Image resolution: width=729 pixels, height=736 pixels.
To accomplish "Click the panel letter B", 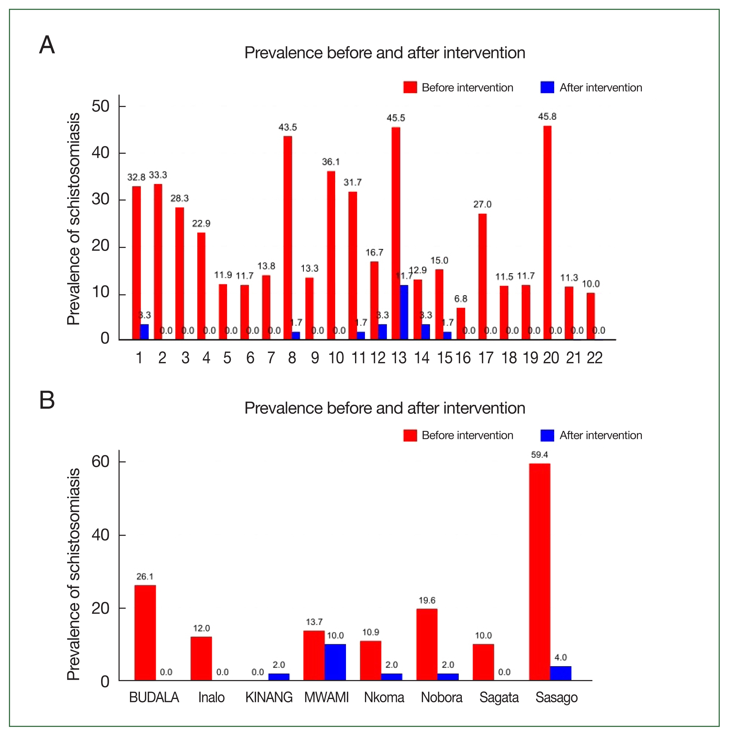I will (47, 400).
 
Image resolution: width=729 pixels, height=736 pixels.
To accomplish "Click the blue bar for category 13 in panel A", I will (404, 312).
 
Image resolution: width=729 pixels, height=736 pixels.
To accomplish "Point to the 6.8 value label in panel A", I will (461, 299).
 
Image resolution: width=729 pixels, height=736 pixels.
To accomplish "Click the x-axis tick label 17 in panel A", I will (486, 358).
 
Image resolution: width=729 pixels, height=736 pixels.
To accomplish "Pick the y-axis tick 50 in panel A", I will (100, 106).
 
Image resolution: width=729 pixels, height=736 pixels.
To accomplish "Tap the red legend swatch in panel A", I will (410, 87).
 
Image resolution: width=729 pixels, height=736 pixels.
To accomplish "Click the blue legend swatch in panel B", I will (547, 435).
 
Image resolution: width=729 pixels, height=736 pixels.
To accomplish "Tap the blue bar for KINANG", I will (279, 677).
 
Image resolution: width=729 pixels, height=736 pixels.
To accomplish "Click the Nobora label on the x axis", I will (441, 697).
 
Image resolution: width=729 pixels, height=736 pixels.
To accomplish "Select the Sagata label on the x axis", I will (499, 697).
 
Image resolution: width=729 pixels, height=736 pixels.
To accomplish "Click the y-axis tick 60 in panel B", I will (100, 462).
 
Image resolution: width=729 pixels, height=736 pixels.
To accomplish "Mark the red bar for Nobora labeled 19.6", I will (427, 645).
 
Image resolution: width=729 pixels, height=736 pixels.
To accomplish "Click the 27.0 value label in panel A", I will (482, 205).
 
